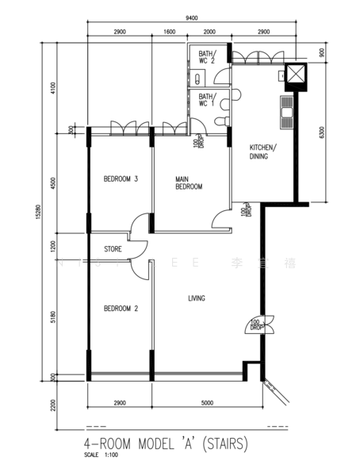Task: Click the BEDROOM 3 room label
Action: click(121, 179)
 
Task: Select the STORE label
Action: click(113, 249)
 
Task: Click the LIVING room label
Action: click(197, 298)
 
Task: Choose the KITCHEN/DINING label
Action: click(262, 152)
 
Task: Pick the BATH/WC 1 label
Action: click(207, 99)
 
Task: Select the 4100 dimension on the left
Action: click(53, 88)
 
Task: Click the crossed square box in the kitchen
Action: click(296, 74)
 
